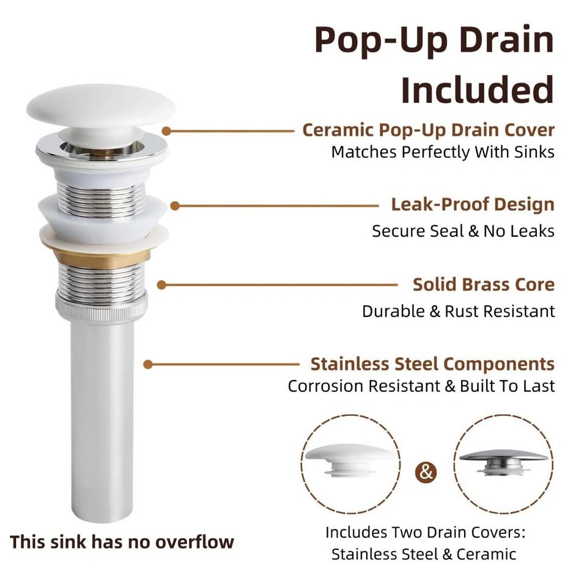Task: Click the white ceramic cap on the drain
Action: [x=101, y=106]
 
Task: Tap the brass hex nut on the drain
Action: [x=102, y=257]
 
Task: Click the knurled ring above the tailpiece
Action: [x=102, y=307]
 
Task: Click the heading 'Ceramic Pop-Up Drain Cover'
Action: [x=428, y=131]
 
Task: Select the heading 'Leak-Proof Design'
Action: [x=473, y=205]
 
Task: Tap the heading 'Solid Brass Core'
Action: [x=484, y=284]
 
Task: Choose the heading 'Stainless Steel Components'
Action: [x=432, y=365]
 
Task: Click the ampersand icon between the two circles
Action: [x=426, y=472]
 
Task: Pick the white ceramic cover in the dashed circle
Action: [x=350, y=460]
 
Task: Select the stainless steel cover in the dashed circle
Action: [x=503, y=462]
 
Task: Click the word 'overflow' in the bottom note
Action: [x=194, y=543]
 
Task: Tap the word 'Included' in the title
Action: [x=478, y=90]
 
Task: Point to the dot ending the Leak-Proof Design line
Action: [x=175, y=206]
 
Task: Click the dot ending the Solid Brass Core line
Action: [x=161, y=285]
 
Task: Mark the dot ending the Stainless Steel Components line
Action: [x=148, y=365]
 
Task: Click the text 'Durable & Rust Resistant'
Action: [x=458, y=311]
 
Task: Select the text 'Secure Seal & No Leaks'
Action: [x=463, y=231]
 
